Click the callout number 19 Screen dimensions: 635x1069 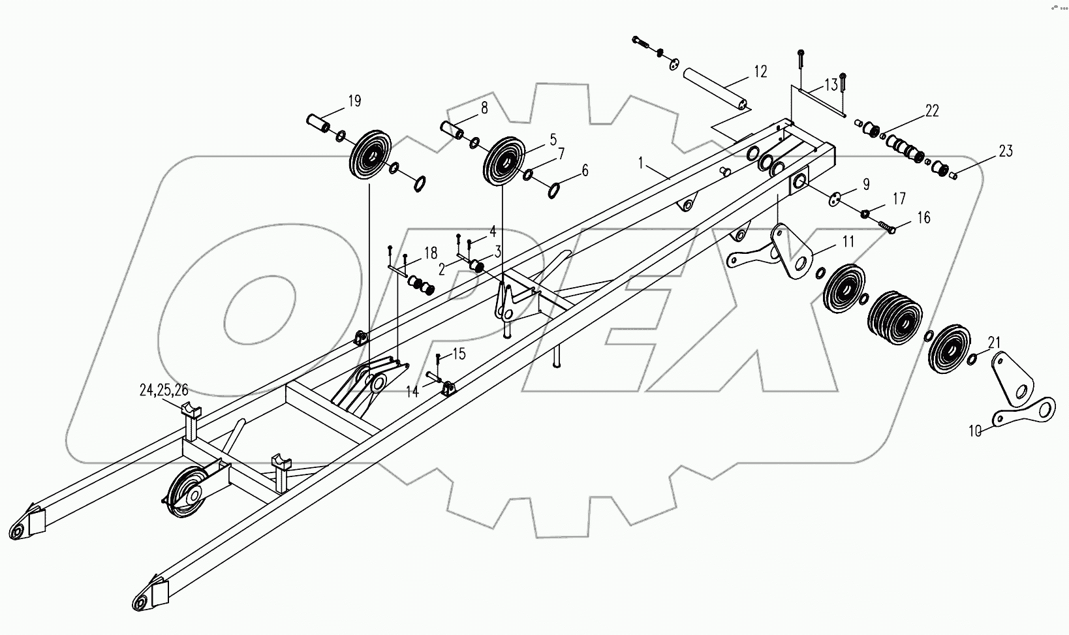(x=354, y=101)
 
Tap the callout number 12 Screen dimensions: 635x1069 (x=760, y=71)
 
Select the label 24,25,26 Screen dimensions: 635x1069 (x=164, y=390)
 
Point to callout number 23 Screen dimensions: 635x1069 (x=1006, y=151)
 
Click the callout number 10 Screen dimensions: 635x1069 (x=974, y=431)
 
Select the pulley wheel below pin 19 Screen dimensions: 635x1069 (x=369, y=158)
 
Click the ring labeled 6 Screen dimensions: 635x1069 (x=553, y=191)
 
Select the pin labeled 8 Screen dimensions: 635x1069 (x=452, y=130)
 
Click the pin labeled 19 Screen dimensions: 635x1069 (x=318, y=123)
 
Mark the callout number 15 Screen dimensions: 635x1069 (x=459, y=354)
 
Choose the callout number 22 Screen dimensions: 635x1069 (x=932, y=111)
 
